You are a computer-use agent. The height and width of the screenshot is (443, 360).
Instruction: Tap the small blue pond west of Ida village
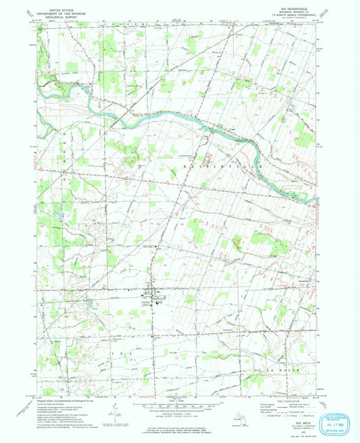tap(88, 305)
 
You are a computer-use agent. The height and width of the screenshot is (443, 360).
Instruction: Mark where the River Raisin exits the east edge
tap(313, 200)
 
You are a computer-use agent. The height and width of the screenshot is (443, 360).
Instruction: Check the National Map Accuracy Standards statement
tap(180, 418)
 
